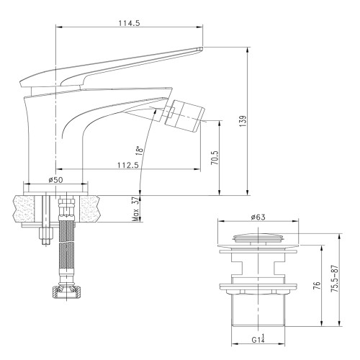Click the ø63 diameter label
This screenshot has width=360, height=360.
tap(261, 217)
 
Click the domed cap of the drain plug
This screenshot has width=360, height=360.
tap(261, 236)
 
